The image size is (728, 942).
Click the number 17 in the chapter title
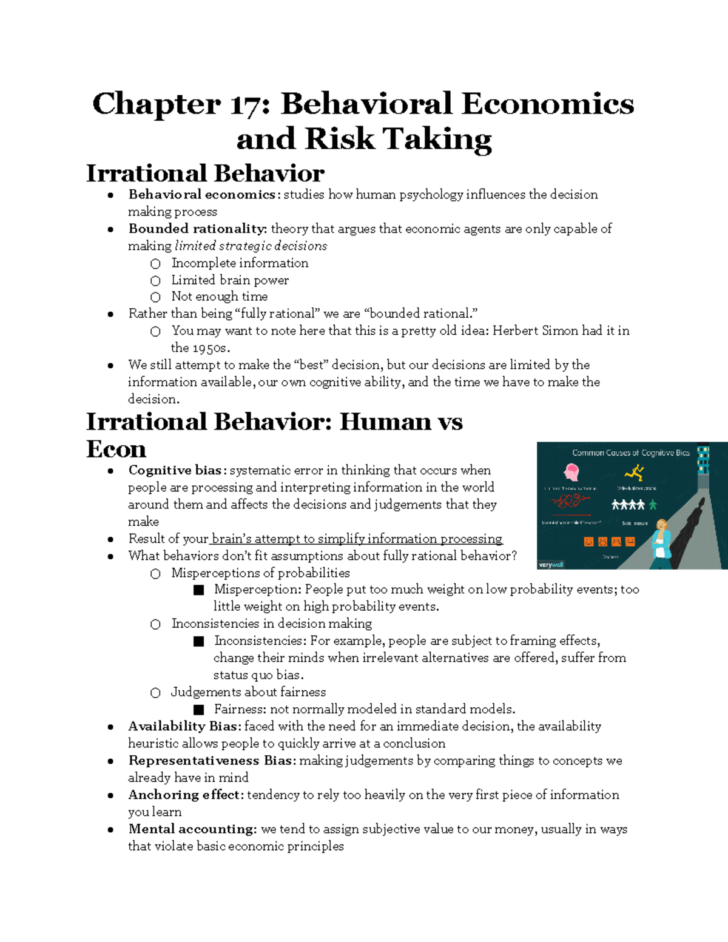[250, 104]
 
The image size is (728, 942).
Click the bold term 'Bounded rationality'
[197, 229]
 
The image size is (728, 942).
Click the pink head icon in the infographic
[571, 472]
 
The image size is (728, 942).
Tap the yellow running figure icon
[635, 472]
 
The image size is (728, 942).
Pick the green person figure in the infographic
[653, 504]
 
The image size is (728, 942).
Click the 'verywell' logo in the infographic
[551, 564]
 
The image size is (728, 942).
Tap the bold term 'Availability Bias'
[185, 726]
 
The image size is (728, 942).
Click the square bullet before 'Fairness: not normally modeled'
[198, 709]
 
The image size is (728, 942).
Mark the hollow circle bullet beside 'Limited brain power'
[156, 280]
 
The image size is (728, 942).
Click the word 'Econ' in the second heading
[116, 449]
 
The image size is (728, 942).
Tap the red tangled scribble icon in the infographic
[570, 501]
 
